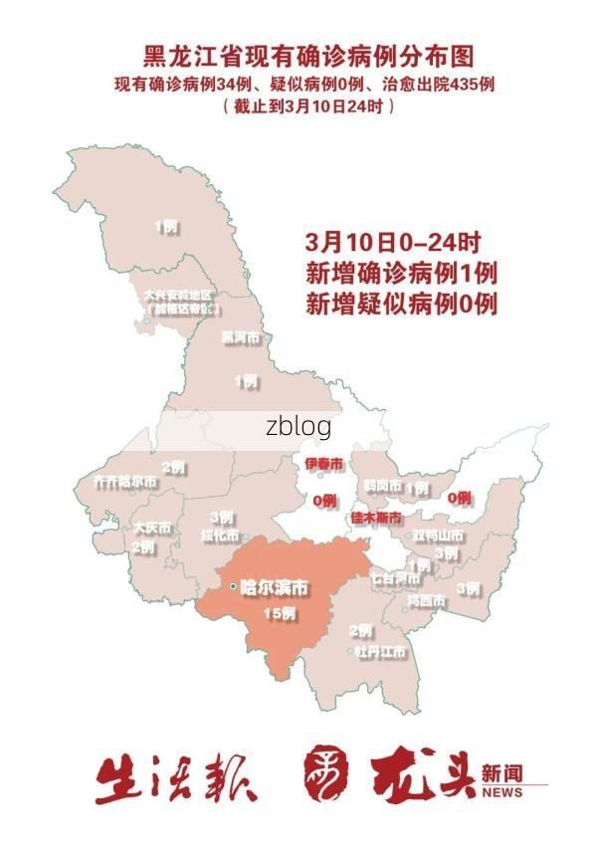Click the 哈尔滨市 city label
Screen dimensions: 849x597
272,586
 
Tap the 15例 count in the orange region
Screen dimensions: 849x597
279,613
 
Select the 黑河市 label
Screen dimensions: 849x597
240,338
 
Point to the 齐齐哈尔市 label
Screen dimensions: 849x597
124,481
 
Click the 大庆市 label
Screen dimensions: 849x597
152,528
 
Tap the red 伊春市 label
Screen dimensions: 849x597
323,465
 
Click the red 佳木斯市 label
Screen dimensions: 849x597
376,518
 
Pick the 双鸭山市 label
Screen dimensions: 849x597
439,535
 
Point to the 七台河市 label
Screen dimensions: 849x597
394,577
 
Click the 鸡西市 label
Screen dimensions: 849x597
426,601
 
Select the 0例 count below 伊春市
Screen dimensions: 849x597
324,501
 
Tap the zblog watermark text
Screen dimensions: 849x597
298,427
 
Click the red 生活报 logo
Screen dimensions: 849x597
175,778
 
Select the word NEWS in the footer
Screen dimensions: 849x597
501,793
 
